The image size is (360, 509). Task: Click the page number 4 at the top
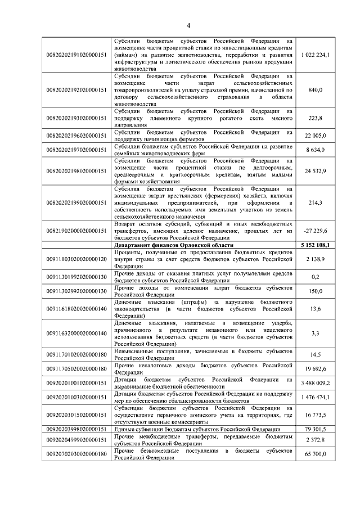tap(188, 25)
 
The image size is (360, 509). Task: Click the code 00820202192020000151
tap(76, 90)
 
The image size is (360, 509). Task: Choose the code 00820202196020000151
tap(76, 136)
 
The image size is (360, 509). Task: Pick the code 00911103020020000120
tap(76, 259)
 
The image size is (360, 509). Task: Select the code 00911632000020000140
tap(76, 334)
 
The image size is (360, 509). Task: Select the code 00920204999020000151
tap(76, 439)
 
